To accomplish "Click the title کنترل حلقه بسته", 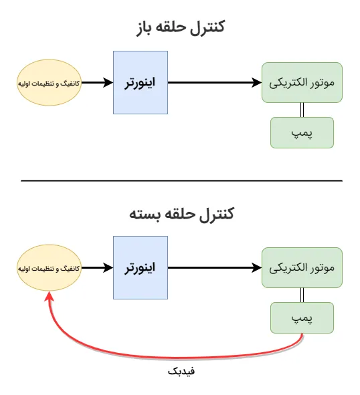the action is pos(181,215).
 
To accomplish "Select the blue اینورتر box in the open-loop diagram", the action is pos(141,83).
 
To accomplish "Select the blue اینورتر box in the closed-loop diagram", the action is pos(141,268).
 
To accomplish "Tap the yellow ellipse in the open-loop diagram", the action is pos(50,83).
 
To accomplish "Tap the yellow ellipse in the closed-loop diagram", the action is pos(50,268).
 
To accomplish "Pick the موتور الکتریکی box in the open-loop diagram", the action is pos(302,83).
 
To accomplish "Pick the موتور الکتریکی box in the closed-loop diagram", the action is pos(302,268).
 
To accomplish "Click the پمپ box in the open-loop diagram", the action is pos(302,133).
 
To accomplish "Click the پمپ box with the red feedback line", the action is pos(302,318).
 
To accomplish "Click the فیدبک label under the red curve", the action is pos(181,372).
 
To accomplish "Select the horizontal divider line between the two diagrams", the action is pos(181,180).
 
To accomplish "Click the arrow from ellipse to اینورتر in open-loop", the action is pos(98,83).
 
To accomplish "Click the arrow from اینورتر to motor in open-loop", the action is pos(215,83).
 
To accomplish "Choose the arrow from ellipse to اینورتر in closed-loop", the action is pos(98,268).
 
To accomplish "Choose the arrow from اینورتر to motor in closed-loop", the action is pos(215,268).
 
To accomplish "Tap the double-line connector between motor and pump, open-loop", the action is pos(302,110).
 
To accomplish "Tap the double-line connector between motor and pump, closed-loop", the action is pos(302,295).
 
